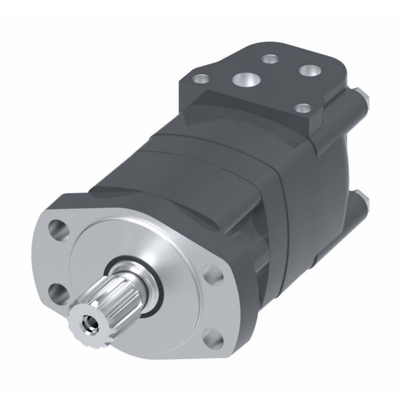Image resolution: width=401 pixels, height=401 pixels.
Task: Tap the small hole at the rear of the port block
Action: click(x=268, y=57)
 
